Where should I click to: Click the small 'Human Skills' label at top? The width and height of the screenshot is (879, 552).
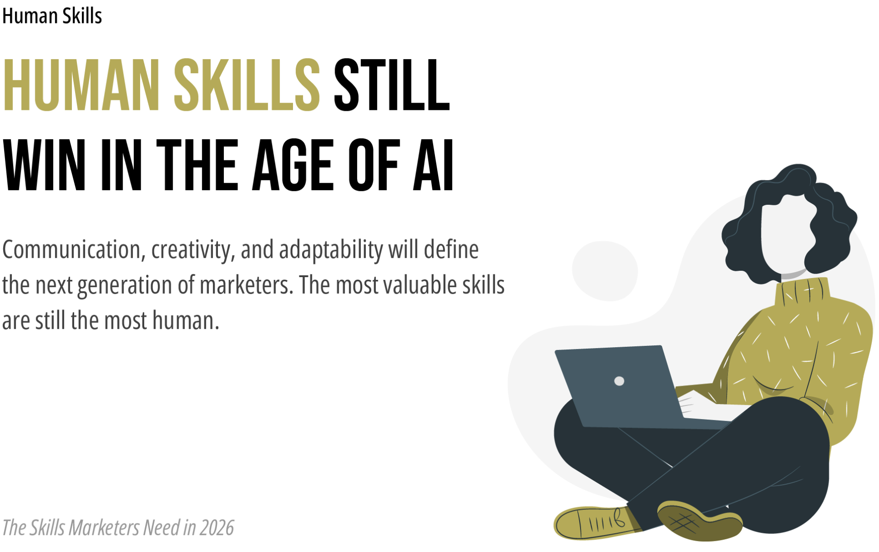(52, 16)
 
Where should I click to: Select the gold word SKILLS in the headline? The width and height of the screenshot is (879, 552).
(247, 86)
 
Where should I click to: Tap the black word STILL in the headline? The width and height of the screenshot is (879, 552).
(392, 86)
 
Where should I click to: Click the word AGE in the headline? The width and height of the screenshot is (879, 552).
(293, 165)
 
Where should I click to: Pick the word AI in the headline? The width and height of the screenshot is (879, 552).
(433, 165)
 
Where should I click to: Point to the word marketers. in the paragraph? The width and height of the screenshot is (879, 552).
(246, 285)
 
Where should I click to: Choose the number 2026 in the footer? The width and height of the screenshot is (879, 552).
(217, 528)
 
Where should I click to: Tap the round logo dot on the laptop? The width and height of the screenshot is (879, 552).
(619, 381)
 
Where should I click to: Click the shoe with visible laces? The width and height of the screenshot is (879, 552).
(595, 522)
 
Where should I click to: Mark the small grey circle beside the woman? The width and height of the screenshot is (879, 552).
(605, 271)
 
